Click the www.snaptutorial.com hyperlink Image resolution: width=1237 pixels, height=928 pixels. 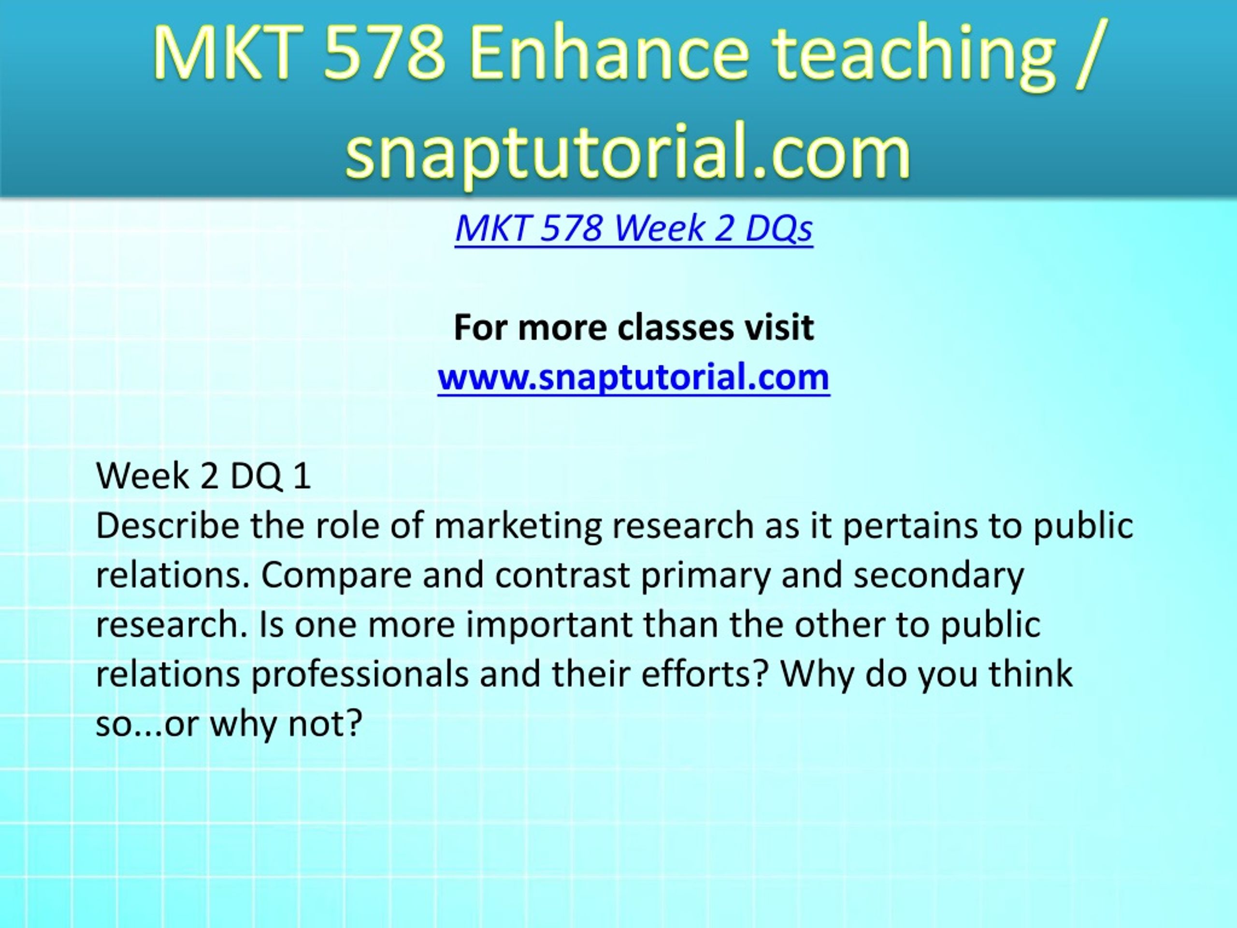pos(633,377)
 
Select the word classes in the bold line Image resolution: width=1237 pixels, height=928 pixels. pos(675,327)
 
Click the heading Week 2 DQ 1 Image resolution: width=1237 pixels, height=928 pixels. pos(203,476)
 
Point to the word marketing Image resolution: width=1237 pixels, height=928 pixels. pos(518,527)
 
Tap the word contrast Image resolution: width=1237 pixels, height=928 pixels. pos(562,575)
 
